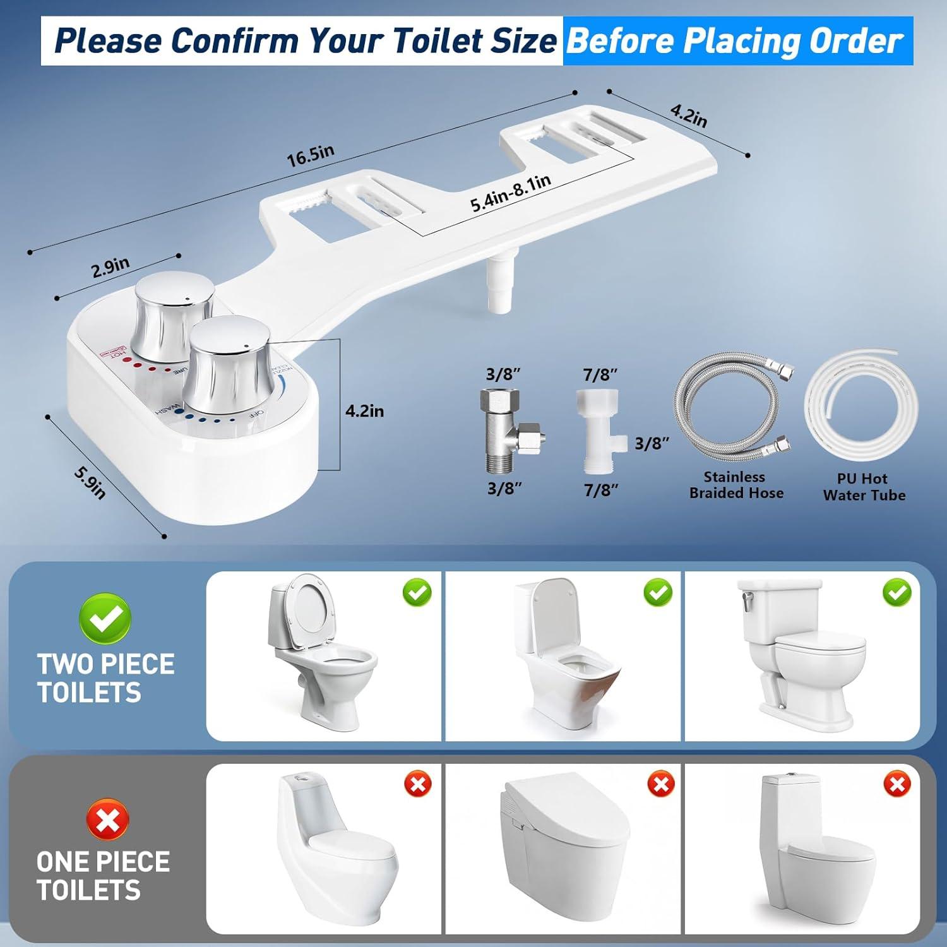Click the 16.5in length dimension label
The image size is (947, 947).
point(311,155)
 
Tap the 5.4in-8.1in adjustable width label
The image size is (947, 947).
point(511,193)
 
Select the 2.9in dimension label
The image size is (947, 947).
point(110,268)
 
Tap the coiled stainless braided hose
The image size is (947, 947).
point(733,410)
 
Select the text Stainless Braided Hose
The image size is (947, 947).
point(736,485)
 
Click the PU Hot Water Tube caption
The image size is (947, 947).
point(864,487)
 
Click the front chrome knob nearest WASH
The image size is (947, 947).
point(229,363)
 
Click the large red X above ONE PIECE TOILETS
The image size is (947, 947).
point(107,819)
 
